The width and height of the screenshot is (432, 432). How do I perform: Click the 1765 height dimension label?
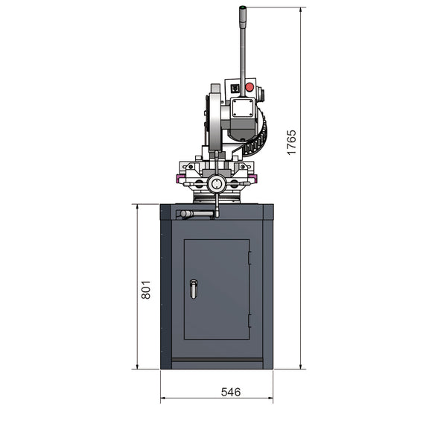[292, 142]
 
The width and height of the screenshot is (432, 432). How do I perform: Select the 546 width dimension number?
[230, 393]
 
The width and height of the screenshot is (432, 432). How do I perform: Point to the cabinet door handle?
[194, 288]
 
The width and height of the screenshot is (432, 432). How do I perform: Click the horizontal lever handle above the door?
[196, 215]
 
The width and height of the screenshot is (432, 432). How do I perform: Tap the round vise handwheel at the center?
[217, 182]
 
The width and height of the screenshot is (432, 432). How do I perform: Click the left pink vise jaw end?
[179, 178]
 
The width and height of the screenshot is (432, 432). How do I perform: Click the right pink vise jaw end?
[254, 178]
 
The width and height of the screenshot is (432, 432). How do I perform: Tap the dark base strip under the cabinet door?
[217, 363]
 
